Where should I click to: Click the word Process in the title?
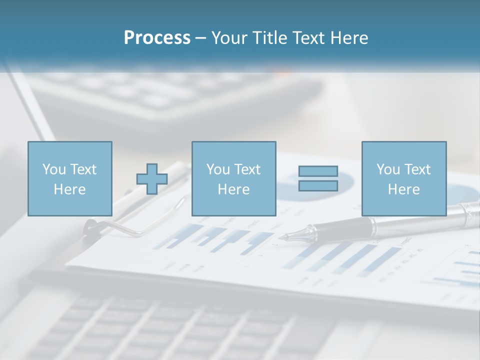(x=157, y=38)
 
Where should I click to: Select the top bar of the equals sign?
(x=318, y=171)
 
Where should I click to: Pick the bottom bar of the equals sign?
(x=318, y=185)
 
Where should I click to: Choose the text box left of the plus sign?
(x=70, y=178)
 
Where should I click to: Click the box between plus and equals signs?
(x=233, y=178)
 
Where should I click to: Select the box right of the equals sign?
(x=403, y=178)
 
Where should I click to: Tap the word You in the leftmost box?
(x=53, y=169)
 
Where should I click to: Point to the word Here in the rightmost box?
(x=403, y=189)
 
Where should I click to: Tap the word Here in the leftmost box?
(x=69, y=189)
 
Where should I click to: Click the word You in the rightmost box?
(x=387, y=169)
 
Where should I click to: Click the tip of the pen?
(x=282, y=237)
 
